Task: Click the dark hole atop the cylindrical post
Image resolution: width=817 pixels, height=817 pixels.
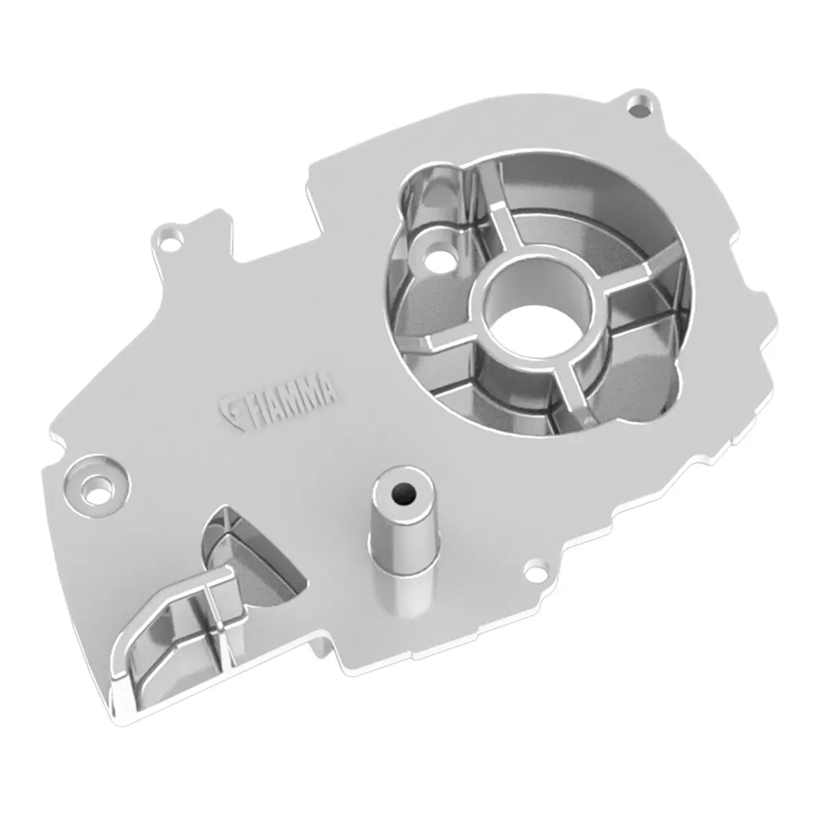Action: pyautogui.click(x=401, y=495)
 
